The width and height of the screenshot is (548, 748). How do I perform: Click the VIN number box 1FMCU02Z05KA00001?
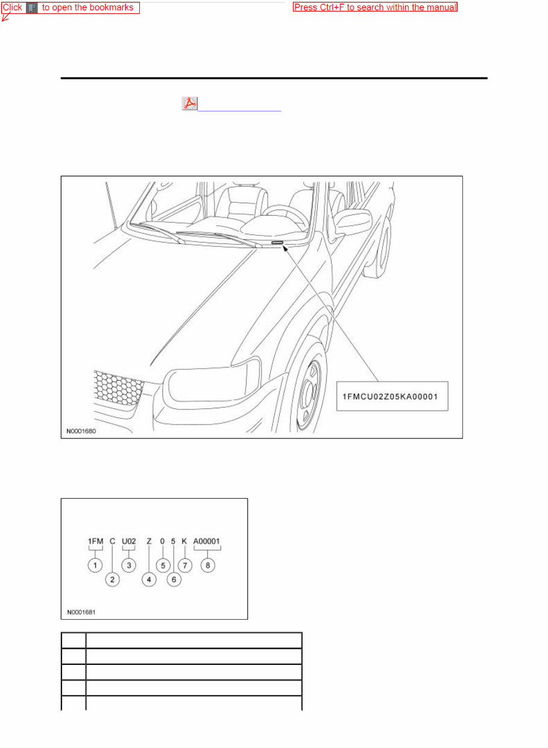(392, 396)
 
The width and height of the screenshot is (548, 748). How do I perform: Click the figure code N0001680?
(81, 431)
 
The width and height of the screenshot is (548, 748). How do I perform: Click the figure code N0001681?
(81, 612)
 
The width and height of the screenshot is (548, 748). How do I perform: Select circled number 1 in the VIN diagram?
(95, 566)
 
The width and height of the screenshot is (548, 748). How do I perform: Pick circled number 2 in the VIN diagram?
(113, 579)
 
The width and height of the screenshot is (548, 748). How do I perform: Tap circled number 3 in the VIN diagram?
(128, 566)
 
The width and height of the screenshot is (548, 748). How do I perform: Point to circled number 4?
(149, 579)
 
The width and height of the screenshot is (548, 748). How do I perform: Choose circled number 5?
(162, 566)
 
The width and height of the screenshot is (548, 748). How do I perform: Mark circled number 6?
(174, 579)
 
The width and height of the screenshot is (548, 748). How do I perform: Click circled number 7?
(184, 566)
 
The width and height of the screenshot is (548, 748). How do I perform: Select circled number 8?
(207, 566)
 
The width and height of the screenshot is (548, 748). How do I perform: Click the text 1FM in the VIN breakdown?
(95, 541)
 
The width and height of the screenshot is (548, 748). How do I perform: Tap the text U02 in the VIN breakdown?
(128, 541)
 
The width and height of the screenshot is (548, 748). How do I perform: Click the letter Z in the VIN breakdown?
(149, 541)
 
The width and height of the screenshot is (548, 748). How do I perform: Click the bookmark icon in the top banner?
(32, 8)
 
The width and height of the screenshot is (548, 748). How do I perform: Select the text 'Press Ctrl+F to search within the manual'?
(375, 8)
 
